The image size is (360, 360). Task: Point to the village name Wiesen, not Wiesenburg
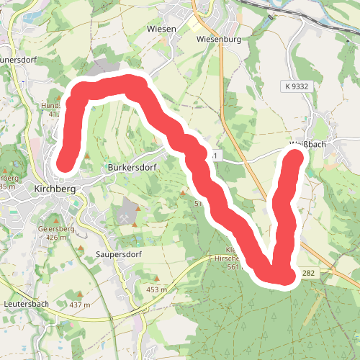click(x=161, y=29)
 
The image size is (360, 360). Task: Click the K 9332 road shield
click(x=295, y=86)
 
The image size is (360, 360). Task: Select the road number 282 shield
click(x=309, y=273)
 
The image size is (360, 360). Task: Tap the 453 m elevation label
click(x=156, y=289)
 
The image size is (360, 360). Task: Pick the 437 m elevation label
click(x=81, y=305)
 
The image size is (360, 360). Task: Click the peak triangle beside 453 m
click(x=156, y=279)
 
